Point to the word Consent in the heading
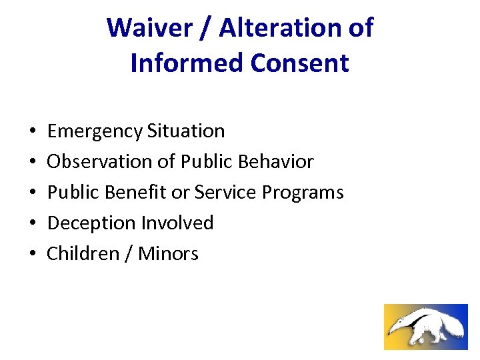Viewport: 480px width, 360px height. [300, 63]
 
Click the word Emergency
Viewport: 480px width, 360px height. [95, 131]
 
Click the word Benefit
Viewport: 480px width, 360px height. [136, 193]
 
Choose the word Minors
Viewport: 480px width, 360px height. [168, 254]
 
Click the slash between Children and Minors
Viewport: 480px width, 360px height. [127, 254]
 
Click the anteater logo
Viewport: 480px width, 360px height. [425, 327]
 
